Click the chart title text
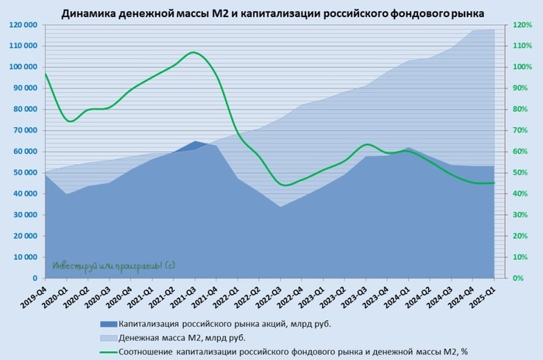[271, 12]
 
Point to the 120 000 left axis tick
[23, 25]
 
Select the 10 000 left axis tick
[26, 257]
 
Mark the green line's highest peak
[194, 53]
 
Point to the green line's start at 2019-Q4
[46, 74]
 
